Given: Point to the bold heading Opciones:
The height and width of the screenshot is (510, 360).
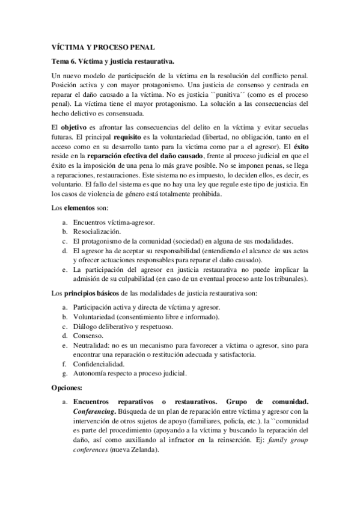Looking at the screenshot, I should tap(67, 389).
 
